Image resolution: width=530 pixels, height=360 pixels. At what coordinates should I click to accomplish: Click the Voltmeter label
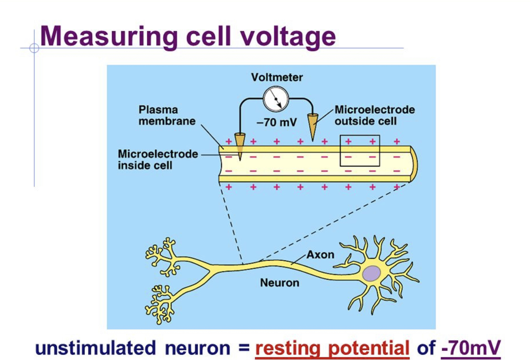tap(277, 77)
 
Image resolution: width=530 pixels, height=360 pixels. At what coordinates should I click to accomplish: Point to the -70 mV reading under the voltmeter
tap(277, 122)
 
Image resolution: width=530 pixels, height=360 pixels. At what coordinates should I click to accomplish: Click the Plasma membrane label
tap(167, 115)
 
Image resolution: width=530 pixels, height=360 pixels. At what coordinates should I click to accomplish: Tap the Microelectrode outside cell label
tap(374, 115)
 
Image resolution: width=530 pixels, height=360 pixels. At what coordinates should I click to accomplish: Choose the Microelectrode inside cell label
tap(158, 159)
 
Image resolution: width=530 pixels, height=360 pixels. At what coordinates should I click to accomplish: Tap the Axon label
tap(320, 254)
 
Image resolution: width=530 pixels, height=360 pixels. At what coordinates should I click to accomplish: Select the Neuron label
tap(279, 283)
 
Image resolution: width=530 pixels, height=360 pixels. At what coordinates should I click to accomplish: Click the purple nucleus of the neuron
tap(371, 273)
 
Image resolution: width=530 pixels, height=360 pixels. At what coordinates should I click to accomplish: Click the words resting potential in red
tap(332, 348)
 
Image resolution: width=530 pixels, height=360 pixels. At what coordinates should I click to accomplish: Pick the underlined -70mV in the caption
tap(470, 348)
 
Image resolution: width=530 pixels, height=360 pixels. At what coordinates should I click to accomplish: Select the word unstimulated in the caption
tap(95, 348)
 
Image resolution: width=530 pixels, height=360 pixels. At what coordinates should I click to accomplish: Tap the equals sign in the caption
tap(243, 348)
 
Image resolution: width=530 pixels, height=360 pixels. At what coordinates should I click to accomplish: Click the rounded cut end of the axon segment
tap(413, 164)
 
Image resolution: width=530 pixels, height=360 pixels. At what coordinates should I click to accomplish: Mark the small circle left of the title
tap(34, 48)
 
